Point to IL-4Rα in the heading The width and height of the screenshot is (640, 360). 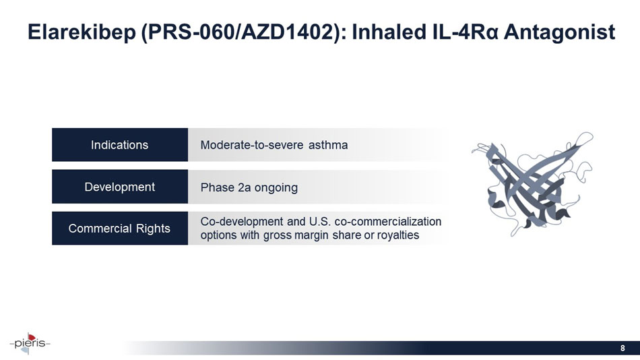460,32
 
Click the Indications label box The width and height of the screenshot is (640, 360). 120,145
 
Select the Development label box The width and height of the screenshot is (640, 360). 120,187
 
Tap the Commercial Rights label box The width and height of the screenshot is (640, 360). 120,229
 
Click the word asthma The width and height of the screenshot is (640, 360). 327,145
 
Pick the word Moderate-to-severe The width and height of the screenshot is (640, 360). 253,145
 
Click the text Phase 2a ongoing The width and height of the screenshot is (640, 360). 249,187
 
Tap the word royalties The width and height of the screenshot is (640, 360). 396,235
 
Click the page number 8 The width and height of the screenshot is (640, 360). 622,348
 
